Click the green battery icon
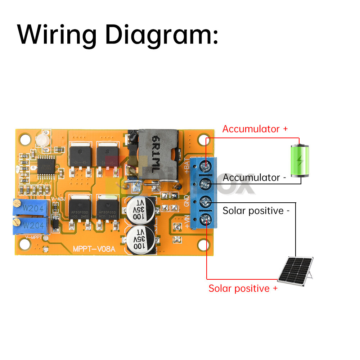coord(300,161)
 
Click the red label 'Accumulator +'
coord(255,129)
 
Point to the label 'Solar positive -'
coord(256,211)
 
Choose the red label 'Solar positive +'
coord(243,288)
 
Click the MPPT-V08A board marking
coord(94,248)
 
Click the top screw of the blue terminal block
coord(206,166)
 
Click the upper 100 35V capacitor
coord(141,210)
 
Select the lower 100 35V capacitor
coord(141,240)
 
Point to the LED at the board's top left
coord(42,140)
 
